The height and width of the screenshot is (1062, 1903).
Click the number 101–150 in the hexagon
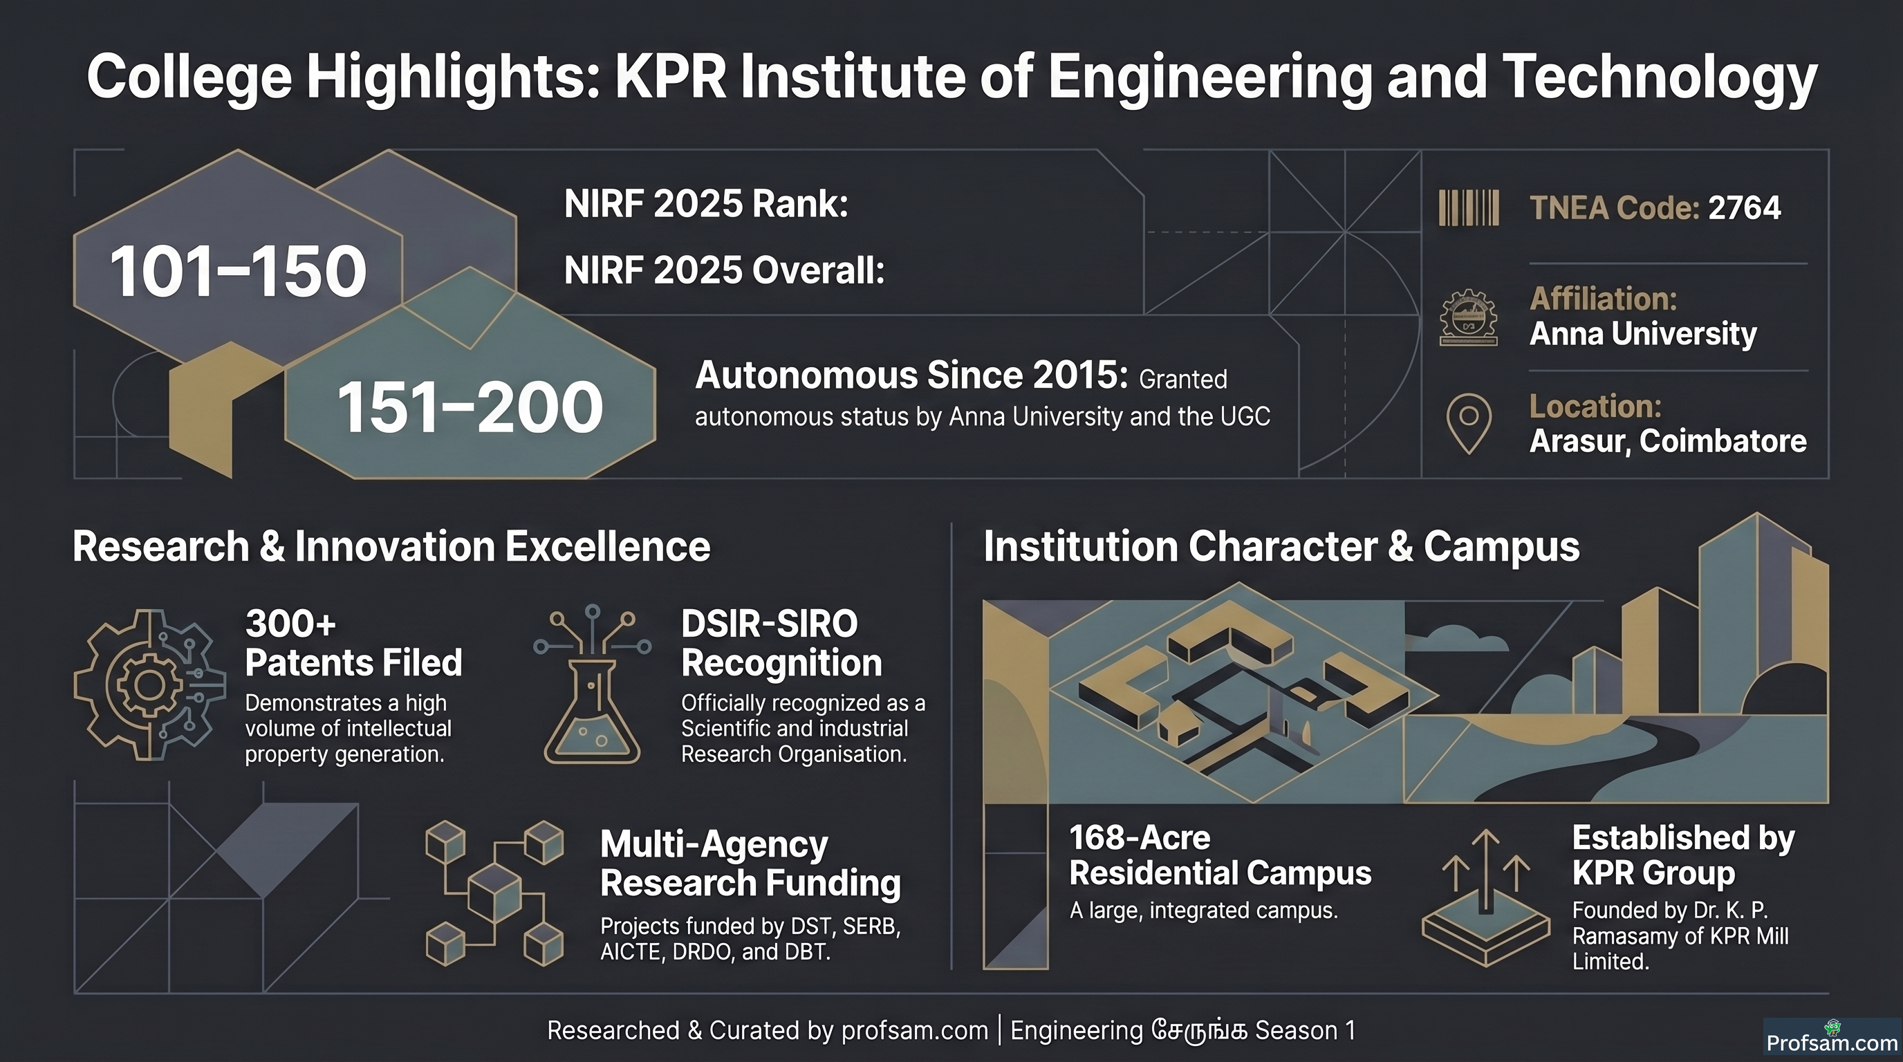coord(238,271)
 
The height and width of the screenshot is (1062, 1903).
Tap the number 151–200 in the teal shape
coord(470,407)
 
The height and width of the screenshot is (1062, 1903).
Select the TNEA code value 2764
coord(1744,207)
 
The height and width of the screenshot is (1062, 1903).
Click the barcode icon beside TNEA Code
coord(1469,207)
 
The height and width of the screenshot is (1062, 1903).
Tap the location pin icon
coord(1469,423)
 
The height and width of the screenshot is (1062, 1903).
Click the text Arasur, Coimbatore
coord(1667,441)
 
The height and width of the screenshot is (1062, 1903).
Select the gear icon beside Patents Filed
coord(149,684)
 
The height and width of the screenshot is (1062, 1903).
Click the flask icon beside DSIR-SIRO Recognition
coord(592,684)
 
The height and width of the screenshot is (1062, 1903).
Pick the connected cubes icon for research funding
coord(494,893)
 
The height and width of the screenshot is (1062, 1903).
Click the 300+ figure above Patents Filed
coord(290,624)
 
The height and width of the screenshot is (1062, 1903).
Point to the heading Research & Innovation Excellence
coord(391,546)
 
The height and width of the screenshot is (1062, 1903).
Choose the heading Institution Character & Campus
coord(1281,546)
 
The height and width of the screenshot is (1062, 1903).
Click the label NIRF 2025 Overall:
coord(724,270)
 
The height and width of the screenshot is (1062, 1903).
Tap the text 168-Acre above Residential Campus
coord(1140,837)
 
